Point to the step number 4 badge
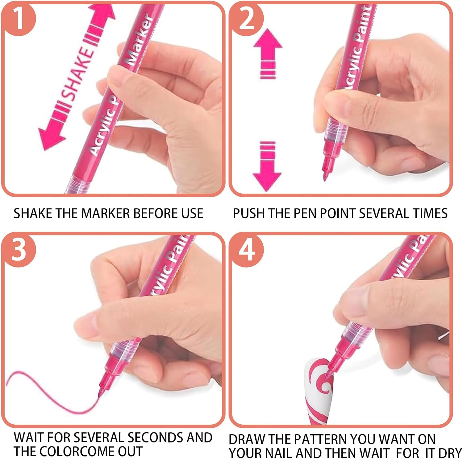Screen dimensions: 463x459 (247, 249)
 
